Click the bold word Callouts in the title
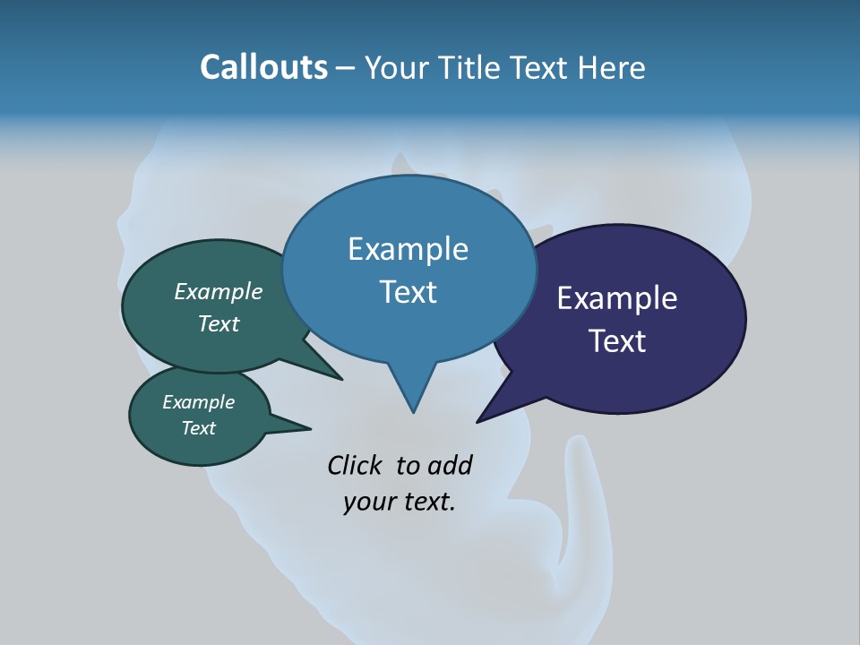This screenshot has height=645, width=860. (x=264, y=67)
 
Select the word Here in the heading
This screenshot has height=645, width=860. (x=612, y=67)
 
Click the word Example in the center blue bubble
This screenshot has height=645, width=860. (x=408, y=249)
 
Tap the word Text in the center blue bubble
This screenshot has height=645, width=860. (x=408, y=292)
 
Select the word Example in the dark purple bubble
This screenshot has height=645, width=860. (x=617, y=298)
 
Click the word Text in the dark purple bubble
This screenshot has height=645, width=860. (x=617, y=341)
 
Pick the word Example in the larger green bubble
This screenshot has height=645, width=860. (x=219, y=291)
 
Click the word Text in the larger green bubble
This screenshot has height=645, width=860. (x=219, y=323)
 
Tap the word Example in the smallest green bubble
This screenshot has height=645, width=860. (x=198, y=402)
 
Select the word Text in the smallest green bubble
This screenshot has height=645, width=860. (x=198, y=428)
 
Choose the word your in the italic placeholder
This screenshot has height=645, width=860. (x=368, y=502)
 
